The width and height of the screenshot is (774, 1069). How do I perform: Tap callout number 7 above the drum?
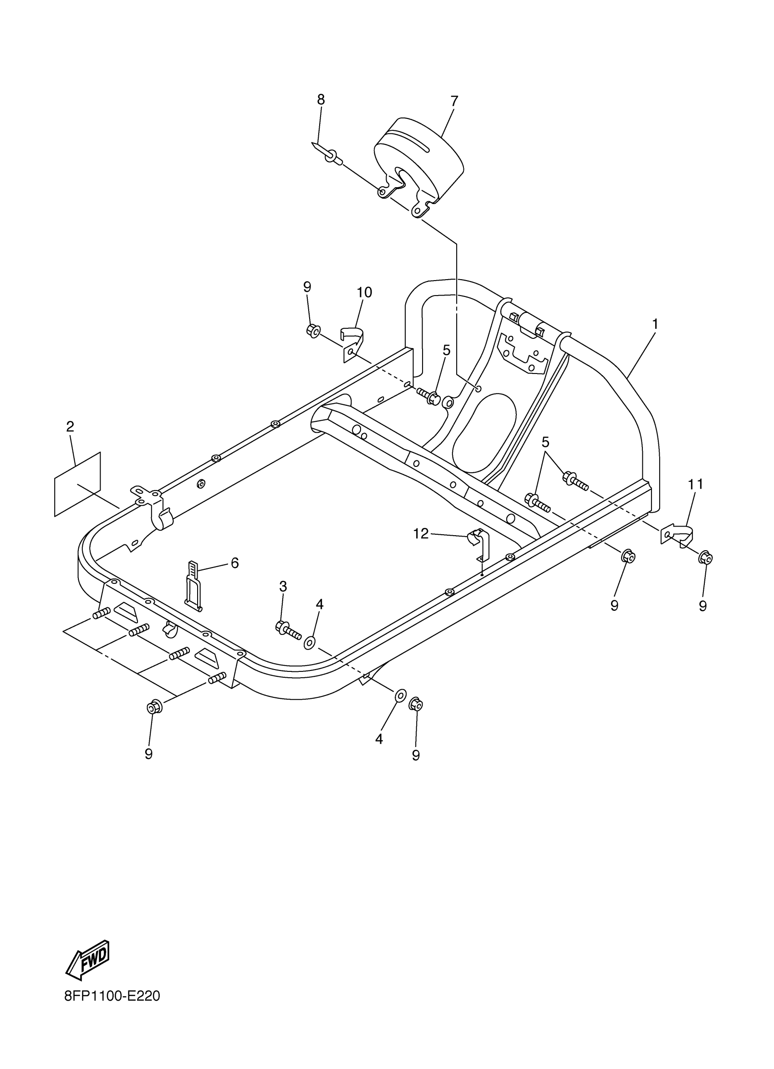click(454, 101)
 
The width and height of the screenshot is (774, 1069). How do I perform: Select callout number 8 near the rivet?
click(321, 99)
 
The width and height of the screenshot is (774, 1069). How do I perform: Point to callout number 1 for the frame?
click(655, 324)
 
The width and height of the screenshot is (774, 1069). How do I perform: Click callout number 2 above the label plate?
click(70, 427)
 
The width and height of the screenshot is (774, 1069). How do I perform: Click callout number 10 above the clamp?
click(365, 292)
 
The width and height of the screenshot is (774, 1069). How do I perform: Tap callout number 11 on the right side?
click(695, 484)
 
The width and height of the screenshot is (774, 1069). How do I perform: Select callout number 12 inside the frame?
click(421, 533)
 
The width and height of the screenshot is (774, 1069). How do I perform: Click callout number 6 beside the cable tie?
click(234, 563)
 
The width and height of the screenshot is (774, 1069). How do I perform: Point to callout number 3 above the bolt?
click(283, 586)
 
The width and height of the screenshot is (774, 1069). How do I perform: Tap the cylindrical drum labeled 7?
click(419, 160)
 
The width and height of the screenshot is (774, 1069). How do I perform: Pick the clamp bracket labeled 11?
click(678, 533)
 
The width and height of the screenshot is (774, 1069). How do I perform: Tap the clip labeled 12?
click(479, 545)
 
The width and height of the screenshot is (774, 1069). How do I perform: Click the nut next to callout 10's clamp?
click(313, 331)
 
